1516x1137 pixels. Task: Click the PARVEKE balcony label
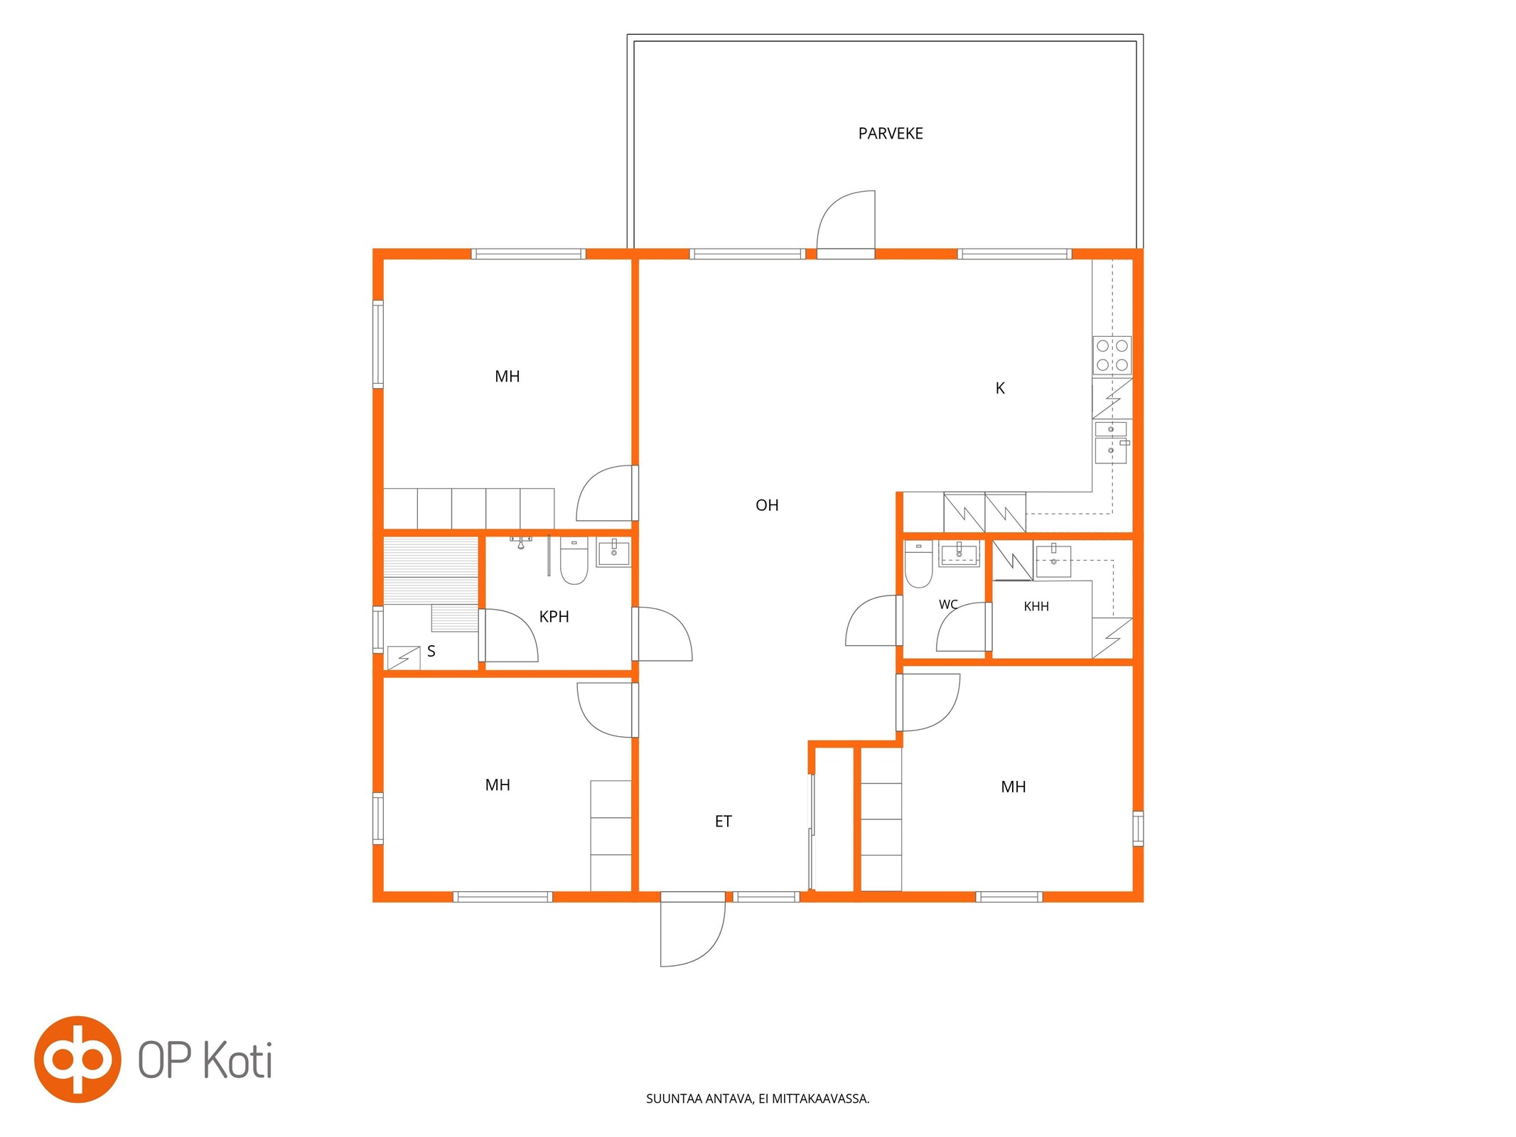tap(890, 134)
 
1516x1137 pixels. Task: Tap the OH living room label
tap(767, 505)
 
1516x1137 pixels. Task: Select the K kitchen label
tap(1000, 388)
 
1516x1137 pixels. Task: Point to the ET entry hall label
tap(723, 821)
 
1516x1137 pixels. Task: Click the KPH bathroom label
tap(554, 617)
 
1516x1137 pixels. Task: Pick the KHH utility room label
tap(1036, 606)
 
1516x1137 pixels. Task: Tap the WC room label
tap(948, 605)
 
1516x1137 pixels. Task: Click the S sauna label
tap(431, 651)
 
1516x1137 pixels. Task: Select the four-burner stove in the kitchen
tap(1112, 355)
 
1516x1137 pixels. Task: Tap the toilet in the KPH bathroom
tap(574, 561)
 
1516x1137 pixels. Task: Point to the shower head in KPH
tap(520, 544)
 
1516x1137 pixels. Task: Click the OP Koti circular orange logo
tap(77, 1059)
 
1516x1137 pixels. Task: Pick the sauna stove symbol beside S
tap(404, 657)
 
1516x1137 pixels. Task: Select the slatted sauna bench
tap(431, 571)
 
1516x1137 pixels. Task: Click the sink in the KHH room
tap(1053, 561)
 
